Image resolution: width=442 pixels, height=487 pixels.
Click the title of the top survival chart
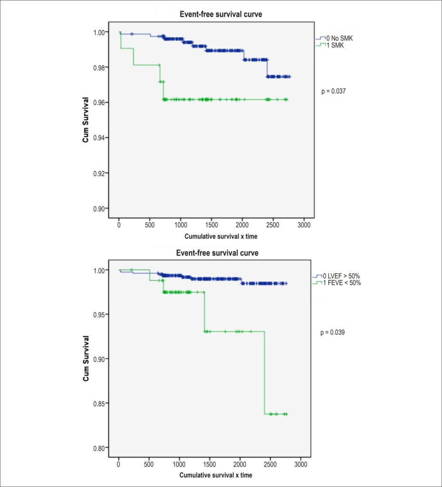(221, 14)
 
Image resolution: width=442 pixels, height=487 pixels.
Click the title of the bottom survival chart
(217, 253)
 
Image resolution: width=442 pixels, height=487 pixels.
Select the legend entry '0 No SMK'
(340, 39)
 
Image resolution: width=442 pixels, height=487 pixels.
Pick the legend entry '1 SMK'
(335, 45)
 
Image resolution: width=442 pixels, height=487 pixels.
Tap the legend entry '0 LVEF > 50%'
(341, 276)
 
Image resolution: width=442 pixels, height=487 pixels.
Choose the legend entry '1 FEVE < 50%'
(342, 282)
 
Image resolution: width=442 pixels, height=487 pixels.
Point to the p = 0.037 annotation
(334, 91)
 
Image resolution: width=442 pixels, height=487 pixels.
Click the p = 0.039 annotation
(333, 332)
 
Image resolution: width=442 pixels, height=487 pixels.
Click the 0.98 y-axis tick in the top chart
(99, 68)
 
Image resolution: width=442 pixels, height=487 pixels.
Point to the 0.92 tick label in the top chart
(99, 173)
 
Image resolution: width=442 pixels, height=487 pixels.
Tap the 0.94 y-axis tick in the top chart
(99, 137)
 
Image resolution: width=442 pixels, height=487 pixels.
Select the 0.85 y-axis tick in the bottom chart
(99, 403)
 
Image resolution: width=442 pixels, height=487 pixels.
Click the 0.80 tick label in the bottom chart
(99, 448)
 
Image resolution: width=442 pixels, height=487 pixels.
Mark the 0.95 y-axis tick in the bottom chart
(99, 315)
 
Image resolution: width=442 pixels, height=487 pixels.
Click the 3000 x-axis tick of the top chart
(304, 225)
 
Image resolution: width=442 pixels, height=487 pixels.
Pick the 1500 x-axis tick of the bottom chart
(209, 464)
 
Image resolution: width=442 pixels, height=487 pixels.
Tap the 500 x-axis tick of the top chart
(150, 225)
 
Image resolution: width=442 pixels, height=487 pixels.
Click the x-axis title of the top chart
(221, 236)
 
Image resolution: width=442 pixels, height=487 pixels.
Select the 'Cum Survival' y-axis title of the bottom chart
(86, 359)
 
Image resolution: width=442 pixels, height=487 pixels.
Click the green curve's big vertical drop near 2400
(265, 373)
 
